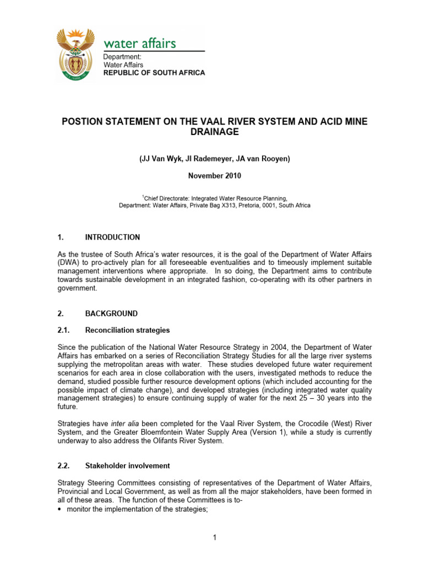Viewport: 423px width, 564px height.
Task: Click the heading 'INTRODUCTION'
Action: (x=112, y=237)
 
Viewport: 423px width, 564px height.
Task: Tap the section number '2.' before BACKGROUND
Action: (x=61, y=313)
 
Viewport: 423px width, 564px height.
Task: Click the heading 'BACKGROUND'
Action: (x=111, y=313)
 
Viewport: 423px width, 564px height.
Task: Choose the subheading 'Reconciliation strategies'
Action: (x=127, y=330)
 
